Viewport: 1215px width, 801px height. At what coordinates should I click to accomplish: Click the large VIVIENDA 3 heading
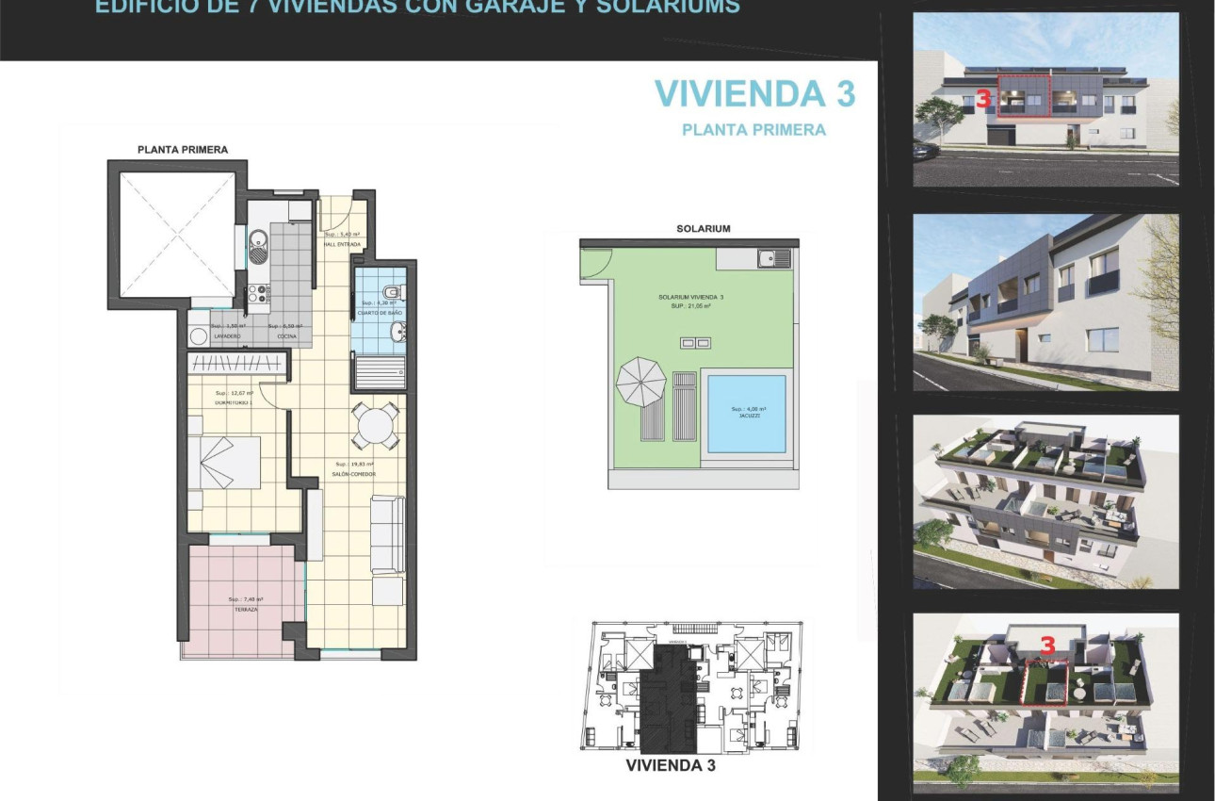[754, 93]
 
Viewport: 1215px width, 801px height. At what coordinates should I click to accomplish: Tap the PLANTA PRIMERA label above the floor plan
[183, 149]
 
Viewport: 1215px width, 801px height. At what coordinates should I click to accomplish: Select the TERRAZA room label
[246, 610]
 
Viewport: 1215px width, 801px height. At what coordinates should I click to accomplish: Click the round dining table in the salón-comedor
[374, 427]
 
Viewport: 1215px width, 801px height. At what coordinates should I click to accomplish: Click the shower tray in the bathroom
[380, 371]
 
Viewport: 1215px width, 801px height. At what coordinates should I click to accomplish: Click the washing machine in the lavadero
[199, 336]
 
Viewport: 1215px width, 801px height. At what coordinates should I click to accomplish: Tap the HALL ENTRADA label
[342, 243]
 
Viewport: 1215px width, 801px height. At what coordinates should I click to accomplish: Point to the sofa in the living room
[387, 534]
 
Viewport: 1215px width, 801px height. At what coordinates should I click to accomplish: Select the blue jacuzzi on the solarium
[746, 413]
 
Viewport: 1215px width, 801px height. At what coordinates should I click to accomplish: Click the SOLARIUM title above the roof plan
[703, 228]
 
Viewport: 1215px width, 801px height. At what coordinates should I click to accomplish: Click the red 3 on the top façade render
[983, 98]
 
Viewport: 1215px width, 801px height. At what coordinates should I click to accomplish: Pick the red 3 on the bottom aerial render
[1046, 645]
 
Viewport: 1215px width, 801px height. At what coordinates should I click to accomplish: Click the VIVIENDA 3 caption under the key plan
[671, 765]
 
